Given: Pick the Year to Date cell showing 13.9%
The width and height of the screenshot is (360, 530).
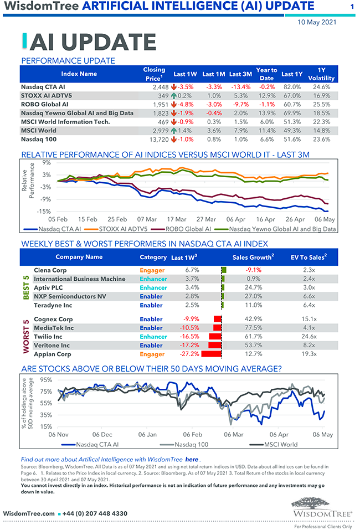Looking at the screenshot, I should pyautogui.click(x=266, y=113).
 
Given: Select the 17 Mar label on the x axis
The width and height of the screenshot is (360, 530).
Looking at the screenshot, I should pyautogui.click(x=177, y=219).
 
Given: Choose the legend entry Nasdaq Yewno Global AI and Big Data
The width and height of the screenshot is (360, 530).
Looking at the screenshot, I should pyautogui.click(x=282, y=228).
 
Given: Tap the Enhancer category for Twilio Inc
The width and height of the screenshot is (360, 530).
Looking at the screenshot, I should pyautogui.click(x=153, y=337).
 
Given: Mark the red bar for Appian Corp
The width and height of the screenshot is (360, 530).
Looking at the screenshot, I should pyautogui.click(x=212, y=354).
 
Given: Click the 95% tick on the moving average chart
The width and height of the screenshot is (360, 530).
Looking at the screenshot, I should pyautogui.click(x=45, y=380).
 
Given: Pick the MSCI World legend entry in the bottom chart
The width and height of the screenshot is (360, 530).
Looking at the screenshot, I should pyautogui.click(x=280, y=444).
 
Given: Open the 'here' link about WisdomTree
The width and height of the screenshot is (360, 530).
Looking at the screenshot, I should pyautogui.click(x=192, y=459).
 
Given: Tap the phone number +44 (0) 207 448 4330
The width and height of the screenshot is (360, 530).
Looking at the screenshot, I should pyautogui.click(x=95, y=514).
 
